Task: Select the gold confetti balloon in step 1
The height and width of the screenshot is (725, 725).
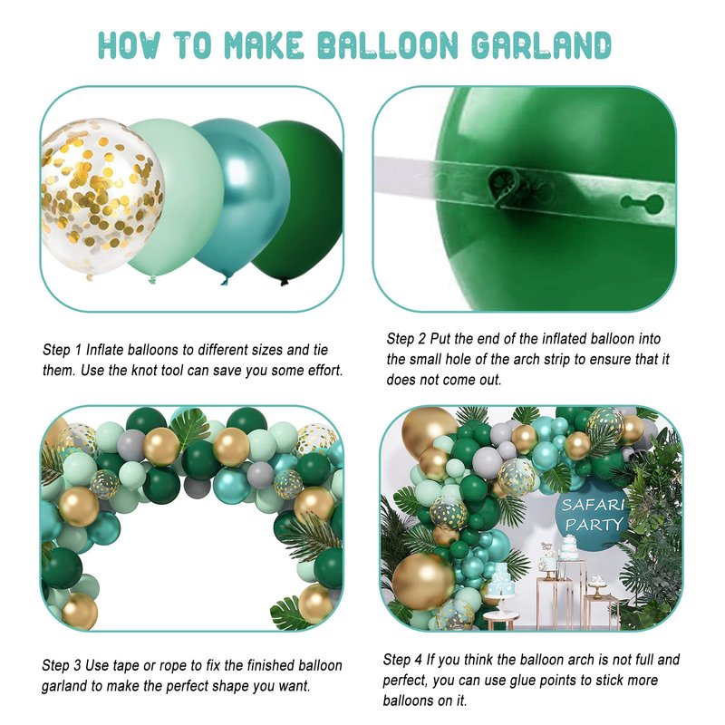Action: (101, 197)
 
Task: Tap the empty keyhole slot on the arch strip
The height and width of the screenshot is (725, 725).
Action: (643, 201)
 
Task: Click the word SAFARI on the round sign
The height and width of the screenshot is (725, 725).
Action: (594, 506)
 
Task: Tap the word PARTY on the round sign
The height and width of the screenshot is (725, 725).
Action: (594, 525)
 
